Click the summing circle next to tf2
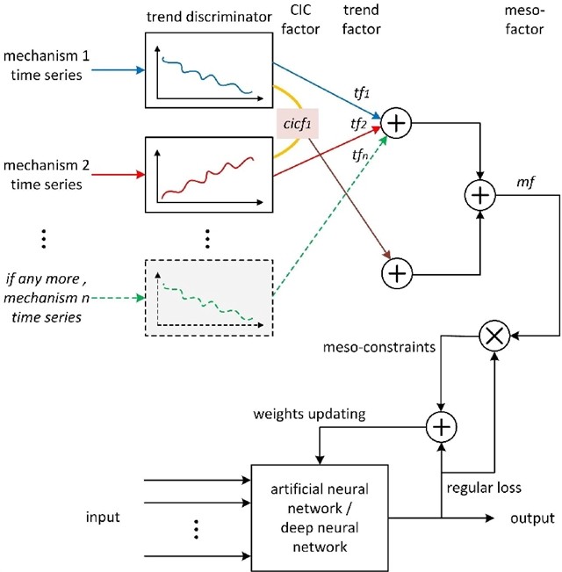pos(397,125)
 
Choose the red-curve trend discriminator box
pos(208,175)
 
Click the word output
pos(533,518)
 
